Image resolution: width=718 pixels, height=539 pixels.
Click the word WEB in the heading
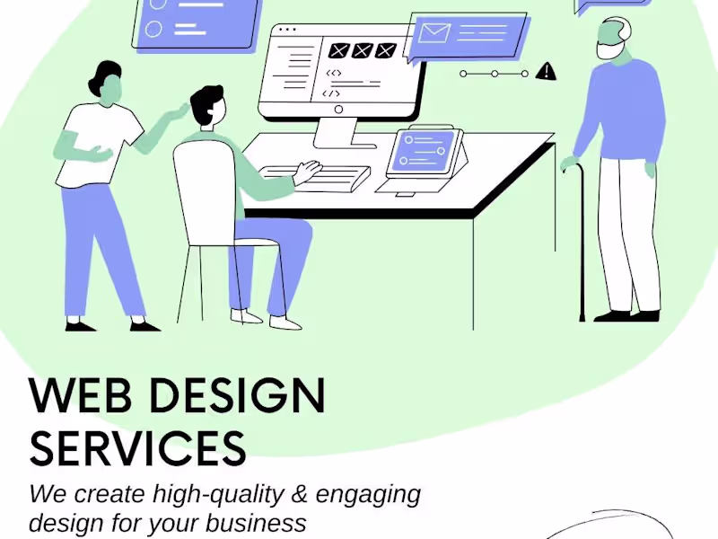[x=78, y=396]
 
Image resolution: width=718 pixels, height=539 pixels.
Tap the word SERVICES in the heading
[x=137, y=447]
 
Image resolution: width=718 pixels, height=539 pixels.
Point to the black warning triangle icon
[x=545, y=72]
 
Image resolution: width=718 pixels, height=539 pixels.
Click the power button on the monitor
[x=338, y=110]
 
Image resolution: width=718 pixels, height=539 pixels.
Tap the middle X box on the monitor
[x=362, y=50]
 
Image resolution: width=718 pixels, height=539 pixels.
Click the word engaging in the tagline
[x=368, y=494]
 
